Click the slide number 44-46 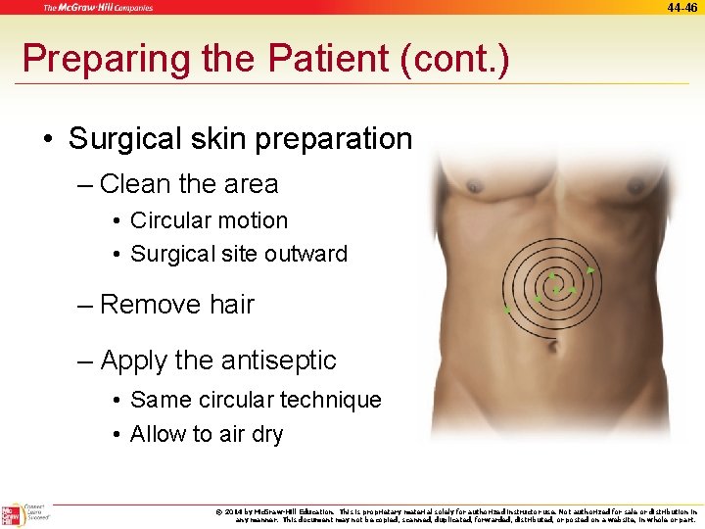point(682,7)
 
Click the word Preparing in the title point(89,59)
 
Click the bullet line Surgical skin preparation point(240,139)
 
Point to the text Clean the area point(189,184)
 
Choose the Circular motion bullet point(209,220)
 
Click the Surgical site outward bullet point(238,254)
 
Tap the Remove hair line point(176,305)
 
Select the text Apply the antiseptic point(217,361)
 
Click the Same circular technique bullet point(255,400)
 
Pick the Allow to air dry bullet point(206,434)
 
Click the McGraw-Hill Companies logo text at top point(98,8)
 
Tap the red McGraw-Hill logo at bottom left point(12,515)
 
